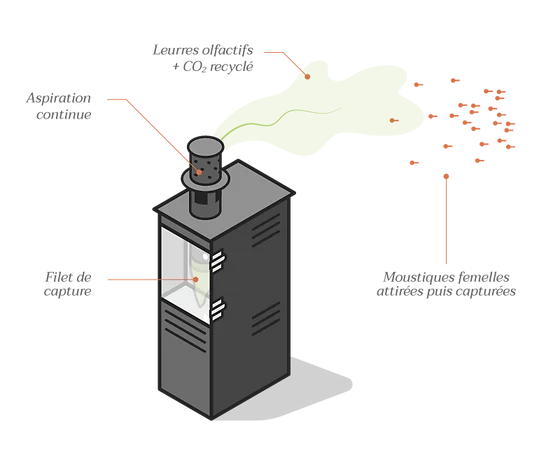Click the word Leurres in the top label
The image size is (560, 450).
(x=171, y=50)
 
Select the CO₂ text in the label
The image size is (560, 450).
(x=195, y=67)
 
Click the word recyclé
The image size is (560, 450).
(x=231, y=67)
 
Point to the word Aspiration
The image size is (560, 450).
(x=59, y=98)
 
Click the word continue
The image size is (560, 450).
(x=64, y=115)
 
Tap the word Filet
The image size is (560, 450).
(x=59, y=277)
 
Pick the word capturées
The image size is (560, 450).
(x=489, y=291)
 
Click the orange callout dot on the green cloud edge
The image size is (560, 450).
(x=307, y=76)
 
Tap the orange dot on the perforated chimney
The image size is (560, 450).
(x=199, y=172)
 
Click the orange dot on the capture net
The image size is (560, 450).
(x=196, y=279)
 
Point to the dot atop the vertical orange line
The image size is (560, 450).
(x=446, y=176)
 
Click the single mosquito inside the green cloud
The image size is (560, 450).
(x=394, y=121)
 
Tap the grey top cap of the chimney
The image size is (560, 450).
(x=205, y=146)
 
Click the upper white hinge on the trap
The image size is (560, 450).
(x=217, y=261)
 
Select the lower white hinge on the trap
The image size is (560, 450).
(x=217, y=310)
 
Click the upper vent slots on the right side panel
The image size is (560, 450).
(x=266, y=231)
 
